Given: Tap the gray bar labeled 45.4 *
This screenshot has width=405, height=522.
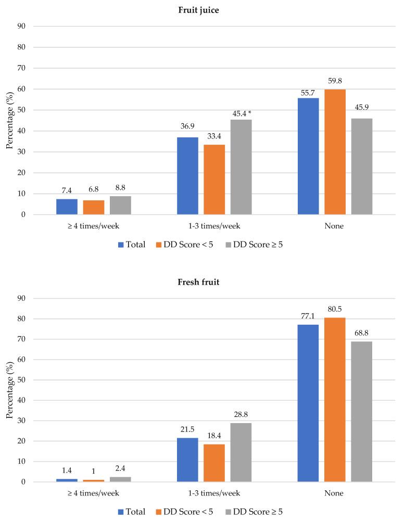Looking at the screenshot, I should point(241,167).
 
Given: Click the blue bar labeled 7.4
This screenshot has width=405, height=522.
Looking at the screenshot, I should point(67,207).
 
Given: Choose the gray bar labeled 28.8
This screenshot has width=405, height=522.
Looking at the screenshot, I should point(241,452).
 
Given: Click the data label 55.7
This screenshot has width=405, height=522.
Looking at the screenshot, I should point(308,92).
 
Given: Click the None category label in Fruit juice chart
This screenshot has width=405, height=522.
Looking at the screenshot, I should point(335,226).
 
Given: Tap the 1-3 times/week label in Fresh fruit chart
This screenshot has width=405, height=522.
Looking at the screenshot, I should point(214,493).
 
